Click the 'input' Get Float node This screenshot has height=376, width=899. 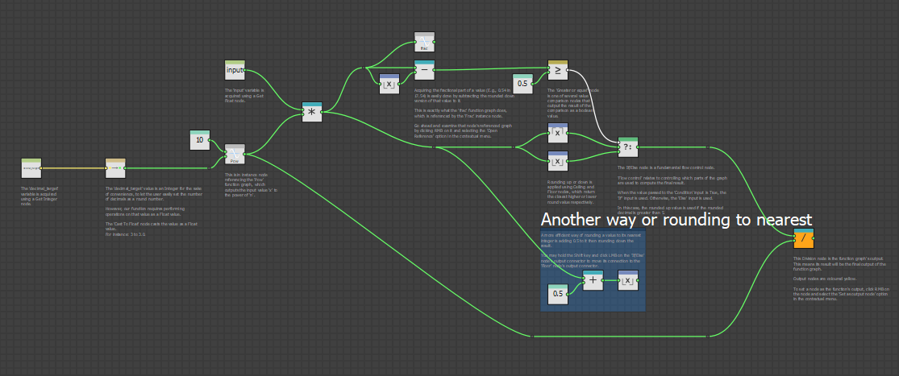click(235, 71)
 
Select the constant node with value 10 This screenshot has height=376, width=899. click(200, 140)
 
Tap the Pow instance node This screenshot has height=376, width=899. click(235, 154)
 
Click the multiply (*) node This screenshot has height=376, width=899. click(312, 112)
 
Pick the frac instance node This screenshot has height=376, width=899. click(424, 43)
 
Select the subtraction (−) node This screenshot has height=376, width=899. click(424, 70)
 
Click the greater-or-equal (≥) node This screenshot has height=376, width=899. click(558, 70)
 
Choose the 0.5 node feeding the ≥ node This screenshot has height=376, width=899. click(522, 83)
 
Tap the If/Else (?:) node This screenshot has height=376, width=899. click(627, 147)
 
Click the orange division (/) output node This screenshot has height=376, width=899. click(803, 239)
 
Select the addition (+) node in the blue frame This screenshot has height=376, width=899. click(593, 280)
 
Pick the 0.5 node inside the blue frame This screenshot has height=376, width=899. click(557, 294)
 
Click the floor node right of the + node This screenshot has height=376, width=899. click(628, 280)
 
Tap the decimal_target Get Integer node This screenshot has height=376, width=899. click(31, 168)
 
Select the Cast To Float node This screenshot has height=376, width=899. click(115, 168)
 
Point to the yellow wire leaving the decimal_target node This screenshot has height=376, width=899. click(73, 168)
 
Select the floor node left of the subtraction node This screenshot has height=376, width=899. click(389, 83)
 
